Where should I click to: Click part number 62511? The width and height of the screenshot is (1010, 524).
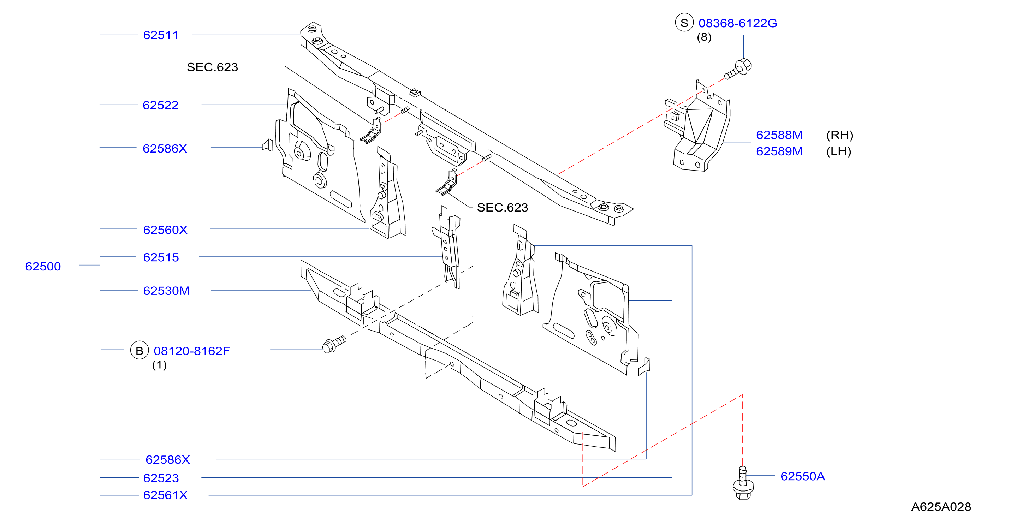click(x=161, y=35)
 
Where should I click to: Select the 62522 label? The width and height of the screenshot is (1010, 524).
click(x=160, y=105)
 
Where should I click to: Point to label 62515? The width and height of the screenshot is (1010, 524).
click(x=161, y=257)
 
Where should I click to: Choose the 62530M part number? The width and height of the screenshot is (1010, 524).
click(x=166, y=291)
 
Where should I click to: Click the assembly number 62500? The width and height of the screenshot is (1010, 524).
click(x=43, y=267)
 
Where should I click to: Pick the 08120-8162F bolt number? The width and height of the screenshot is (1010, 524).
click(x=192, y=351)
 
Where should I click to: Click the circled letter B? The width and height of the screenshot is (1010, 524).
click(x=139, y=350)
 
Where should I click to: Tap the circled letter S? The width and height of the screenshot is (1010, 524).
click(x=684, y=23)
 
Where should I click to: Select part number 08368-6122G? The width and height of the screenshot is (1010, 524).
click(x=737, y=23)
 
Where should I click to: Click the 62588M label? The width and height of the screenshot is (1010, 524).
click(x=779, y=135)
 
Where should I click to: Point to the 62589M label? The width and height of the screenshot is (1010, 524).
click(x=779, y=151)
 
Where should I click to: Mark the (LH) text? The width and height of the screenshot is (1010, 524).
click(x=839, y=152)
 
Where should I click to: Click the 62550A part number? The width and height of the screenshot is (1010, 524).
click(x=803, y=476)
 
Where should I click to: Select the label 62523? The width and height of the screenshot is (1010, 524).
click(x=161, y=478)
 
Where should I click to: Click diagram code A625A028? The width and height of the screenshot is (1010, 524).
click(x=941, y=507)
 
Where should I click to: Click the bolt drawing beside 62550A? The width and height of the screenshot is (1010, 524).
click(x=743, y=483)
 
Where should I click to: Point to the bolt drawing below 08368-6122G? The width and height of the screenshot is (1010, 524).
click(x=738, y=69)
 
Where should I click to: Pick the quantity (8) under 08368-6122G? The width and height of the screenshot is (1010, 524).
click(x=704, y=37)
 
